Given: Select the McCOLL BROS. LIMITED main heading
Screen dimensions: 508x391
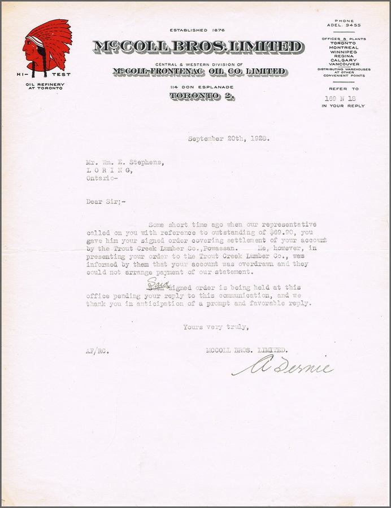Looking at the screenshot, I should (x=198, y=47).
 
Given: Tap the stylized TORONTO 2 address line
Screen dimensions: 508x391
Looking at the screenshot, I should (x=202, y=96).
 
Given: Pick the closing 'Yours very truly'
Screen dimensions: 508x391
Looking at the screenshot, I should (x=215, y=327).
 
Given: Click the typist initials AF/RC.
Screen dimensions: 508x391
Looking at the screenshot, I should (x=98, y=351).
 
